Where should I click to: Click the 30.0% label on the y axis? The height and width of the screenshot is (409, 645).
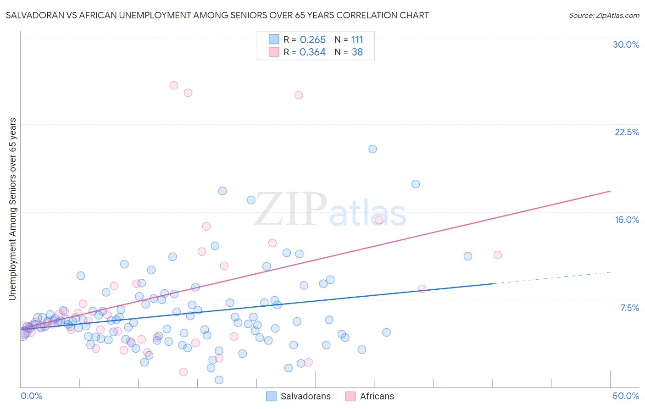[626, 44]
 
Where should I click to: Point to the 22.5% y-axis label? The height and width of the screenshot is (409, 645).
[627, 132]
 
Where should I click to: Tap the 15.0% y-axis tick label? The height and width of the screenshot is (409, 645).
[627, 220]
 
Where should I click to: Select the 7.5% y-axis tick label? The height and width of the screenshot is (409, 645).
[629, 308]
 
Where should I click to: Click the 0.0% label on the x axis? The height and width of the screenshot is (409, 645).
[31, 396]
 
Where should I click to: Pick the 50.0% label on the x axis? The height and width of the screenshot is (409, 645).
[626, 396]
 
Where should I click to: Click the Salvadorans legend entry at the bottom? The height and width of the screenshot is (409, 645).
[298, 396]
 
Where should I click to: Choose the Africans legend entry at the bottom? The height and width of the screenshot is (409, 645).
[369, 396]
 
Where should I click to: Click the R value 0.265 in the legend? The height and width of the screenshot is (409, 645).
[312, 40]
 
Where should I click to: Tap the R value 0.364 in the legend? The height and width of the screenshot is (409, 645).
[312, 52]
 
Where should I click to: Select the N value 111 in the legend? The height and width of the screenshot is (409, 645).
[357, 40]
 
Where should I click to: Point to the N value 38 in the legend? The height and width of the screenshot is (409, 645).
[357, 52]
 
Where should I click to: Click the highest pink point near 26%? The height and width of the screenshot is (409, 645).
[174, 85]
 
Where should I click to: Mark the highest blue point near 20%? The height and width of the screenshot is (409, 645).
[373, 149]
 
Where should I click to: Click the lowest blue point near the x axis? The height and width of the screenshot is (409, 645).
[219, 380]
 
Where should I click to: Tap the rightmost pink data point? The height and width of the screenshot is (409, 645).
[498, 255]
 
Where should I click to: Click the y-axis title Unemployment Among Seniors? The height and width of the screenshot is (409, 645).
[12, 209]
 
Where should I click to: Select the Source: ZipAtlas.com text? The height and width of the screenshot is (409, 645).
[604, 16]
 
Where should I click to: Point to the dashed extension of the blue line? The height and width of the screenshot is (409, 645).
[550, 278]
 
